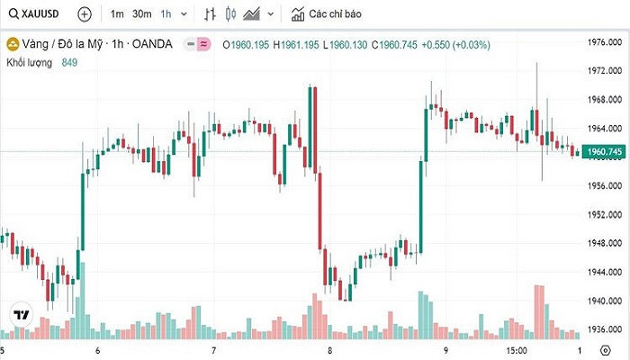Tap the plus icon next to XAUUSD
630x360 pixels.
click(x=84, y=14)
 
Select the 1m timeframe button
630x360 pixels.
click(x=117, y=14)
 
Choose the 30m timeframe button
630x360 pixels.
click(x=142, y=14)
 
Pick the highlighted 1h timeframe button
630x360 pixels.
click(x=166, y=14)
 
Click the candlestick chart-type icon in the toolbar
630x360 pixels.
click(x=230, y=14)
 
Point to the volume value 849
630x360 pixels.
click(x=70, y=61)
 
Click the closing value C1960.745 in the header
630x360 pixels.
click(x=396, y=43)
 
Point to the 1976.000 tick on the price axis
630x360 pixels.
click(x=605, y=42)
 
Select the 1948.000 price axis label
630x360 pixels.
click(x=605, y=241)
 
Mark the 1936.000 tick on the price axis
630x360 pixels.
click(x=605, y=329)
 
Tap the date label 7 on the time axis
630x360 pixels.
click(x=213, y=348)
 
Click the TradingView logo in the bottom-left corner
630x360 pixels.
click(x=20, y=316)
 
